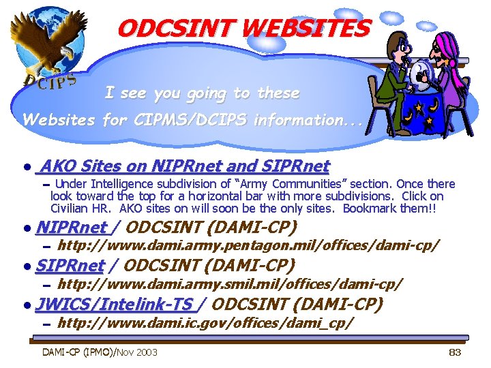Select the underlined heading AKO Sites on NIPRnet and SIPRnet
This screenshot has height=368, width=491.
(x=184, y=166)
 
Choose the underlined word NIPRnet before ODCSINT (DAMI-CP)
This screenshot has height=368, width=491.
(x=71, y=227)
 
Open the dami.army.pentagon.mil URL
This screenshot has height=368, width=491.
(x=248, y=245)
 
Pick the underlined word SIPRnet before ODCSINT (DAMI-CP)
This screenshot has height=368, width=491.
(x=70, y=265)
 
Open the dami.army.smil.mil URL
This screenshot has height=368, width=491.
(x=230, y=282)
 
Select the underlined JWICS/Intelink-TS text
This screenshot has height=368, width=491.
(x=115, y=303)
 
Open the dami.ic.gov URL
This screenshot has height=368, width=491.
(x=205, y=321)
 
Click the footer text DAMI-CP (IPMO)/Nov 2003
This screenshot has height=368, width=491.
(x=100, y=352)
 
